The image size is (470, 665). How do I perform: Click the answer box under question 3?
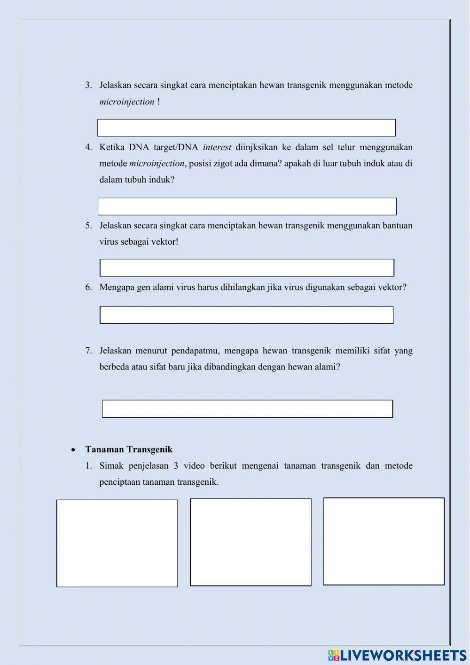point(246,128)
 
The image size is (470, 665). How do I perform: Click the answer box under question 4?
point(247,207)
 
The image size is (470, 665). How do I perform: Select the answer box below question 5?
point(247,268)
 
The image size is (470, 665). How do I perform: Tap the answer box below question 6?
point(246,315)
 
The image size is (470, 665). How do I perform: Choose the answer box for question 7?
point(247,409)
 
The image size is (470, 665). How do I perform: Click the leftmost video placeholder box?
point(117,544)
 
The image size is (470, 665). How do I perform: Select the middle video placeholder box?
point(251,542)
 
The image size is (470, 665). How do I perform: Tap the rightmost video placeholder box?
point(384,542)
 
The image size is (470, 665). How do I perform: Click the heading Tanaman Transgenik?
point(129,449)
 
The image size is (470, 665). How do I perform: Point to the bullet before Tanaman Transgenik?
point(73,450)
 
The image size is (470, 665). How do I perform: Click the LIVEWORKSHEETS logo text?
point(403,655)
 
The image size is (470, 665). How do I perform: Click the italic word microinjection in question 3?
point(126,102)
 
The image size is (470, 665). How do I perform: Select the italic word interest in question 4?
point(217,147)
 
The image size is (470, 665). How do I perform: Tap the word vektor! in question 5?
point(164,242)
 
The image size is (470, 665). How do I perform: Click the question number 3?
point(88,86)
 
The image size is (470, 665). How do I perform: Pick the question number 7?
point(88,351)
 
